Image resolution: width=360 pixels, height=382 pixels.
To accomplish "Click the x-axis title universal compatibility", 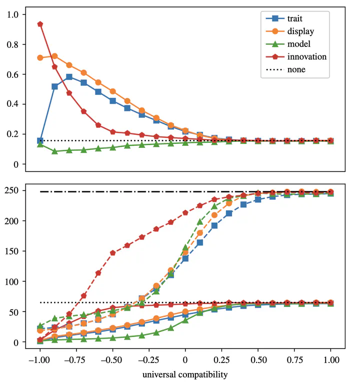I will (x=185, y=373).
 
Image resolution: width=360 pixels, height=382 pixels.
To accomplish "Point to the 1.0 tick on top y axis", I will (x=18, y=14).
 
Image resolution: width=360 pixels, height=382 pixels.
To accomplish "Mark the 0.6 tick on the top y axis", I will (x=18, y=74).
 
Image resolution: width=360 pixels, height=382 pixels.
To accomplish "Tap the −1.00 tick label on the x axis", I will (x=40, y=360).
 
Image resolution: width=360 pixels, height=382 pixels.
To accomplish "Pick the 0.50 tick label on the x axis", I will (x=258, y=360).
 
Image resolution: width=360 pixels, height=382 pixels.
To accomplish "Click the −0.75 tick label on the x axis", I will (x=76, y=360).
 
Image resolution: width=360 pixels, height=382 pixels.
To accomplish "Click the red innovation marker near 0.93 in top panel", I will (x=40, y=24).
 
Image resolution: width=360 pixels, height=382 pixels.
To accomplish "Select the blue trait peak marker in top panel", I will (x=69, y=77).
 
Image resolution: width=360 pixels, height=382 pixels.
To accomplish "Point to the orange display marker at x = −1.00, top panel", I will (x=40, y=58).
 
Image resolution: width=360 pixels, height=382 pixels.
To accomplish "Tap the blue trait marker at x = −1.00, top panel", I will (x=40, y=141).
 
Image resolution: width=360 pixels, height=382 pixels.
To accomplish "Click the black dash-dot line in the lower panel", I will (x=125, y=192).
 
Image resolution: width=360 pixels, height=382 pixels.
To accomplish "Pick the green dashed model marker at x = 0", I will (x=185, y=248).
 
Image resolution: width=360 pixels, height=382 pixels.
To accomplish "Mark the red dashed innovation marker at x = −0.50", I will (x=112, y=253).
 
